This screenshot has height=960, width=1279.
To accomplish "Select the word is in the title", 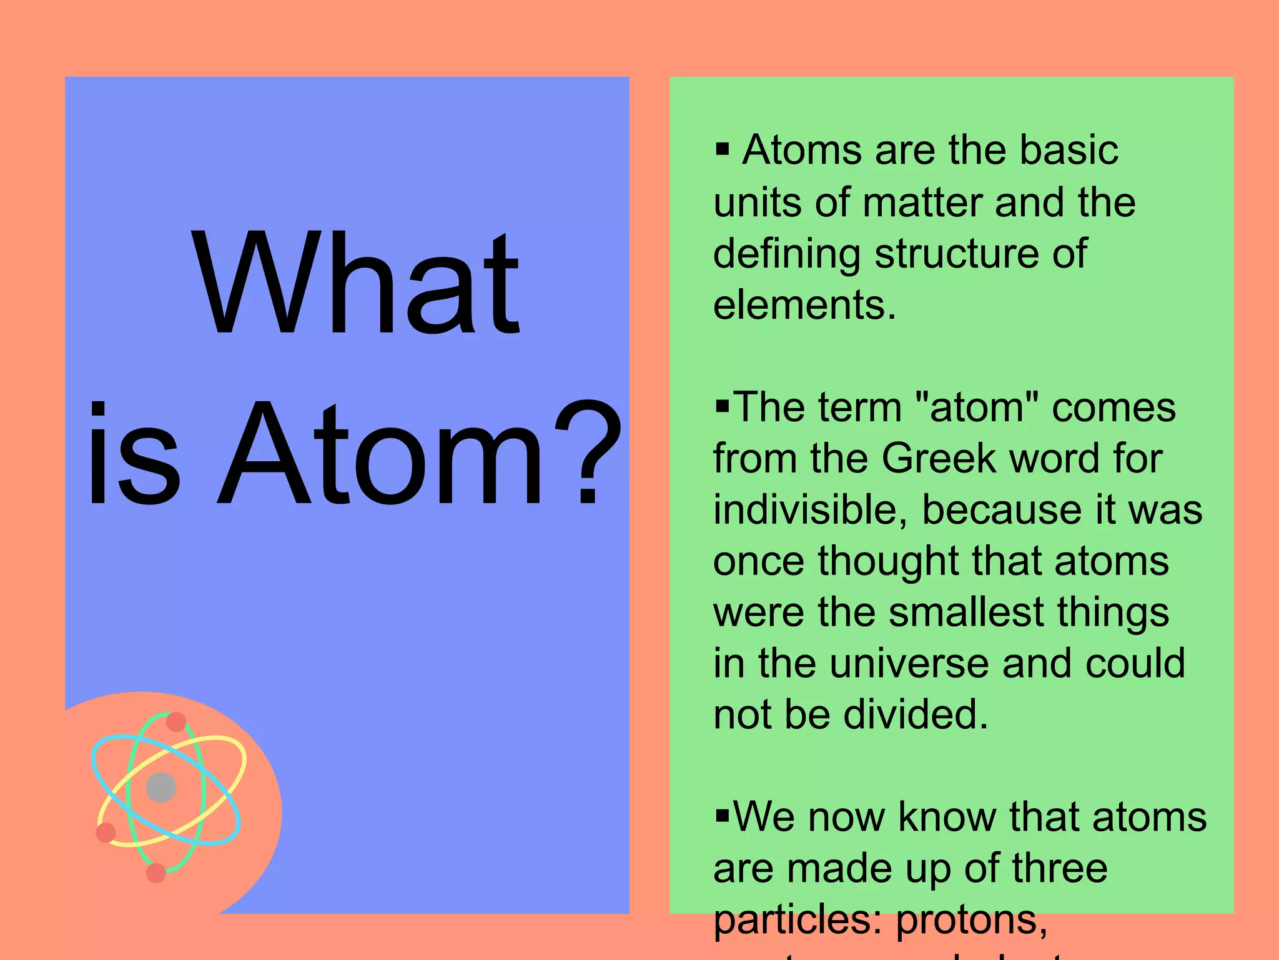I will [134, 452].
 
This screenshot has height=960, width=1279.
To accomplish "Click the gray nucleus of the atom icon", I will [161, 787].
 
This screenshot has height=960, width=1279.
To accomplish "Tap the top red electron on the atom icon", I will [176, 722].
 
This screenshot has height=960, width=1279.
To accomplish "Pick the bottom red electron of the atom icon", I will [156, 872].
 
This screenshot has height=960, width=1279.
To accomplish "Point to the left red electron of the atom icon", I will [106, 832].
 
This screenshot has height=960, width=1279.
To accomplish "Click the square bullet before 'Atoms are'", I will [723, 149].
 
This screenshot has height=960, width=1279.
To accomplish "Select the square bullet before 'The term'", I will [723, 407].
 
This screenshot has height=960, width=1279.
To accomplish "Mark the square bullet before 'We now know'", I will [723, 816].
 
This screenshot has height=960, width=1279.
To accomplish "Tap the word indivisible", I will [809, 509].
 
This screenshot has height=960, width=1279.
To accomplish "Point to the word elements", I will [804, 305].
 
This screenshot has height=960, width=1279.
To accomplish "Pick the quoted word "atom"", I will [977, 407].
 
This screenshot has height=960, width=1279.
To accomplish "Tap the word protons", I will [971, 920].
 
